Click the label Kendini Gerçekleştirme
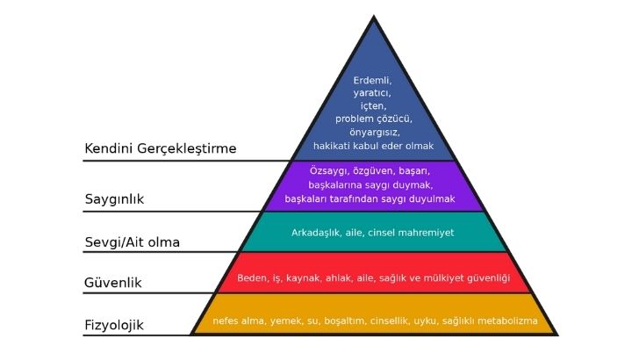pos(161,148)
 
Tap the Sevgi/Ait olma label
pos(138,241)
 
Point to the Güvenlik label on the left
pos(113,283)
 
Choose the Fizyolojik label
pos(114,325)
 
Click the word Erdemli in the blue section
pos(373,80)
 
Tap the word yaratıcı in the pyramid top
pos(372,92)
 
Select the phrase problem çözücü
pos(373,118)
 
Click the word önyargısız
pos(373,131)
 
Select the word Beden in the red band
pos(254,278)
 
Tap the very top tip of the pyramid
pos(373,17)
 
